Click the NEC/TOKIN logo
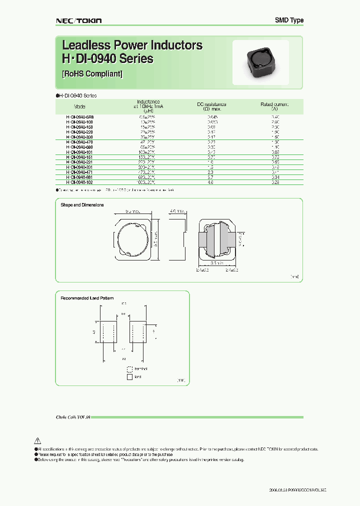click(x=78, y=20)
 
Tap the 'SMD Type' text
click(x=289, y=20)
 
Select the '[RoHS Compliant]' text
click(x=92, y=73)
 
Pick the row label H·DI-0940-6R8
click(x=80, y=116)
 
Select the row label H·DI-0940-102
click(x=80, y=183)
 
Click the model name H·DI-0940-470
click(x=80, y=142)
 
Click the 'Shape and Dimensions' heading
click(x=82, y=205)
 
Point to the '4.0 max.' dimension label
click(x=176, y=211)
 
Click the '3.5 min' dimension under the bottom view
click(x=216, y=262)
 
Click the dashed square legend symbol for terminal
click(x=130, y=369)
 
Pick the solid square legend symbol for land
click(x=130, y=377)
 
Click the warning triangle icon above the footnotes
click(x=37, y=440)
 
